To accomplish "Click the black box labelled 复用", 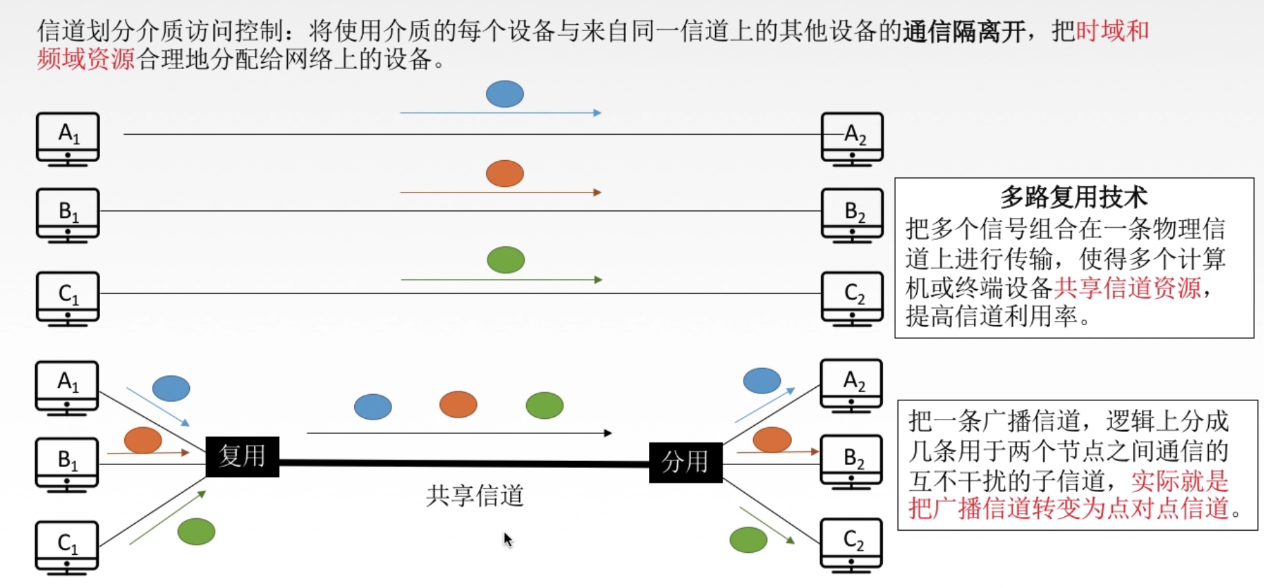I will click(242, 457).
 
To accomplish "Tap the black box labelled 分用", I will click(685, 462).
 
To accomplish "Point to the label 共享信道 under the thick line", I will click(475, 496).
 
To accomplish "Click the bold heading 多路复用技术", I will click(1073, 197).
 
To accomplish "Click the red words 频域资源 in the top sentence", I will click(86, 60).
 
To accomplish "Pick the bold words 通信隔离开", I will click(964, 32).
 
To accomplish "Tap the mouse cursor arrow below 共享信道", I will click(507, 539).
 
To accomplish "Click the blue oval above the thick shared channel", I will click(373, 406).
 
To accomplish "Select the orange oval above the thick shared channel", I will click(458, 404).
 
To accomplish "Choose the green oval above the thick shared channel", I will click(544, 405).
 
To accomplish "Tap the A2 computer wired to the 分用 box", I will click(851, 384).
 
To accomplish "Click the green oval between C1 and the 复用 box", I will click(196, 531).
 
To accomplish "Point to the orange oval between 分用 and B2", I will click(772, 440).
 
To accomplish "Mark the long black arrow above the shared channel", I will click(459, 433).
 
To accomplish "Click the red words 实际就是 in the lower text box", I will click(1180, 480).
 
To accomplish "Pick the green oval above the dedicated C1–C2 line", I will click(506, 260).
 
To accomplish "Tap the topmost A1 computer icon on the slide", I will click(68, 137).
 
